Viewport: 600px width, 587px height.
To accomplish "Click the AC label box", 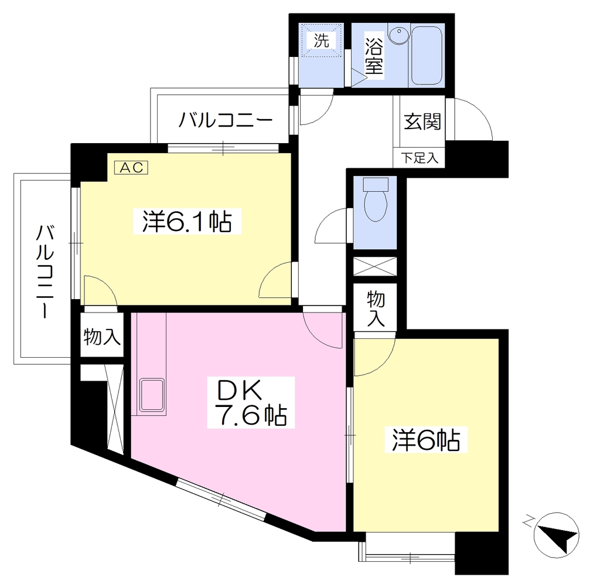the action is pyautogui.click(x=131, y=167).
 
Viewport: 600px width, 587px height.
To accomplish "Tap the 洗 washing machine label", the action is pyautogui.click(x=322, y=40).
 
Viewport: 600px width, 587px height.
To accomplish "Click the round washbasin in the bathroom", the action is pyautogui.click(x=399, y=32).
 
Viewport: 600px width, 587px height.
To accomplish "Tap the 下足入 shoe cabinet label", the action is pyautogui.click(x=420, y=157).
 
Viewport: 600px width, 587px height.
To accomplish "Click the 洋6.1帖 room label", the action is pyautogui.click(x=187, y=221).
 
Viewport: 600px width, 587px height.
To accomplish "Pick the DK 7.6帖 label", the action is pyautogui.click(x=251, y=402).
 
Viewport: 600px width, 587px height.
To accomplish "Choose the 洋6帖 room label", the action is pyautogui.click(x=425, y=440).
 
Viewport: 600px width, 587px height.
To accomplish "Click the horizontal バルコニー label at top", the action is pyautogui.click(x=226, y=120).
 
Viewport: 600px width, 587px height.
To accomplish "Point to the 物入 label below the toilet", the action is pyautogui.click(x=376, y=308).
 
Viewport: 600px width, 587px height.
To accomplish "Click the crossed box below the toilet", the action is pyautogui.click(x=375, y=266).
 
